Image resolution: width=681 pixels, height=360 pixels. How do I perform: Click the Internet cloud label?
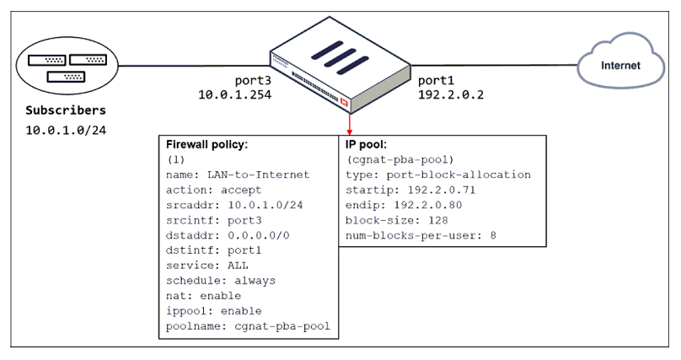click(x=620, y=66)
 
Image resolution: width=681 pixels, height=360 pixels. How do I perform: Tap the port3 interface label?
click(x=253, y=80)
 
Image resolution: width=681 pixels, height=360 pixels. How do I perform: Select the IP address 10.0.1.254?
click(x=235, y=94)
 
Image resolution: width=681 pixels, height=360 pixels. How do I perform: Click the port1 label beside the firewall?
click(x=436, y=80)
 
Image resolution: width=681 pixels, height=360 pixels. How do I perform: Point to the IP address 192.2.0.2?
click(x=451, y=94)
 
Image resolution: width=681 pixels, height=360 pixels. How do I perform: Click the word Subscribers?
click(x=66, y=110)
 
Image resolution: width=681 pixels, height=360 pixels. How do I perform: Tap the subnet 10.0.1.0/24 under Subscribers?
click(x=66, y=131)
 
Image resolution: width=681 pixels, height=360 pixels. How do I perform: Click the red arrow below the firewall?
click(x=349, y=124)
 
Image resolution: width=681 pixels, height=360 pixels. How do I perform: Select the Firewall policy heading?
click(x=206, y=144)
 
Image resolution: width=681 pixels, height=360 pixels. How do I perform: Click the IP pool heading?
click(x=366, y=144)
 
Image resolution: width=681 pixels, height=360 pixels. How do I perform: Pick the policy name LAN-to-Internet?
click(x=259, y=175)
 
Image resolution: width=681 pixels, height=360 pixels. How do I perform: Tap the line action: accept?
click(x=214, y=190)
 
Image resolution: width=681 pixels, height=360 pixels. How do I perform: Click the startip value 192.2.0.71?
click(x=442, y=190)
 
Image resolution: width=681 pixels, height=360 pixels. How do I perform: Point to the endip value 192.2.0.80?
click(x=428, y=205)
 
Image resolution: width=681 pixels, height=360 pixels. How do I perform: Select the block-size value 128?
click(x=437, y=220)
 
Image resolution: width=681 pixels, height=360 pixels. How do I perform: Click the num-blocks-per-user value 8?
click(x=493, y=235)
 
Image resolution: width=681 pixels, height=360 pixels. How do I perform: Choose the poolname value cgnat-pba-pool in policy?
click(x=282, y=325)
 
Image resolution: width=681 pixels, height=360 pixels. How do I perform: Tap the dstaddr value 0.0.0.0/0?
click(x=259, y=235)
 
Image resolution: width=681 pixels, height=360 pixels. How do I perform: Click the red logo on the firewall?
click(x=345, y=103)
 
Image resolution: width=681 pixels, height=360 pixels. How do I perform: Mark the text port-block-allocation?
click(x=458, y=175)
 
